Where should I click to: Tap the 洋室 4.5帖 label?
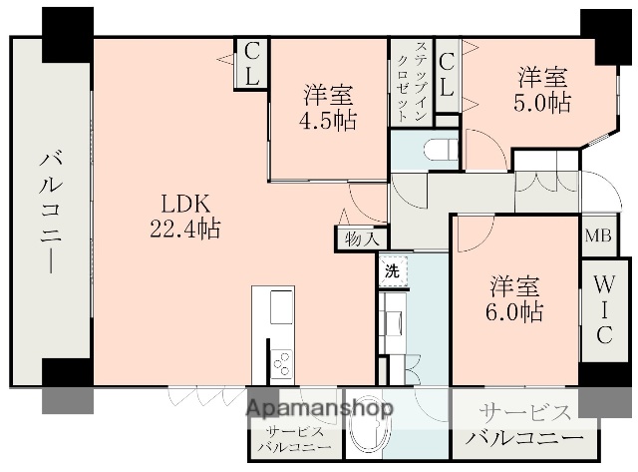click(x=328, y=108)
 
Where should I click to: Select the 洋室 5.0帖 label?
click(x=542, y=89)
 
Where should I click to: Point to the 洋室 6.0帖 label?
click(x=514, y=296)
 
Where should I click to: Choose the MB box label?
click(x=598, y=236)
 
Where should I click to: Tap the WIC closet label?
click(x=604, y=310)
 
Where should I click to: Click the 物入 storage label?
click(x=361, y=238)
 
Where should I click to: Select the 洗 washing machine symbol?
click(x=392, y=270)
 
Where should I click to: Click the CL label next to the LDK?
click(x=251, y=62)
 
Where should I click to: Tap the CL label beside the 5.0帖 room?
click(x=447, y=74)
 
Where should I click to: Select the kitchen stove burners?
click(x=281, y=362)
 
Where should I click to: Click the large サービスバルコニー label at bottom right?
click(x=525, y=426)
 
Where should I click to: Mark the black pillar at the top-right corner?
click(x=601, y=30)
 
